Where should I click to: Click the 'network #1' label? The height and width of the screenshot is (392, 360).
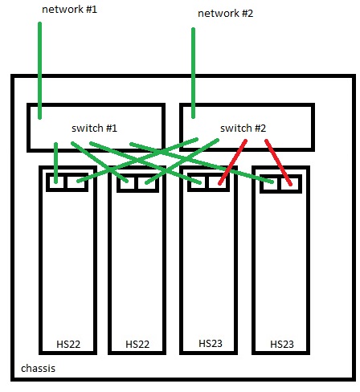tap(69, 10)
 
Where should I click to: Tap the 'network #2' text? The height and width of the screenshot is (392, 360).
tap(225, 14)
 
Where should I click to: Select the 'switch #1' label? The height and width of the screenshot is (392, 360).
tap(94, 129)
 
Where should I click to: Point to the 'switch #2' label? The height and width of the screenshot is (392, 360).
tap(243, 129)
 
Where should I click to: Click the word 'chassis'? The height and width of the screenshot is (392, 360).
tap(38, 369)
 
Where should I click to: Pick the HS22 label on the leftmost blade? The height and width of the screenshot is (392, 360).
tap(68, 344)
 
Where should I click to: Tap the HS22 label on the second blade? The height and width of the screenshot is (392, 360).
tap(137, 344)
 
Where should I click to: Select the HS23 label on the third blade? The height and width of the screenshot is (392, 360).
tap(211, 343)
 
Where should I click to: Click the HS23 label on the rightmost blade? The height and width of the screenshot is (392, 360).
tap(282, 344)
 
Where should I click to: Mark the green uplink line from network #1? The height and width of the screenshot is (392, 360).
tap(39, 71)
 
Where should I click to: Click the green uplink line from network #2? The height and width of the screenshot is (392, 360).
tap(193, 73)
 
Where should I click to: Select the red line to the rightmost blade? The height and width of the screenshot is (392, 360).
tap(278, 162)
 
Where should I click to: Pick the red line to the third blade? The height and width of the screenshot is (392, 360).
tap(232, 162)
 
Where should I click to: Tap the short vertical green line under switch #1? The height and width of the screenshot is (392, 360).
tap(55, 163)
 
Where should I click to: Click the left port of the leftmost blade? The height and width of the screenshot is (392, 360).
tap(56, 182)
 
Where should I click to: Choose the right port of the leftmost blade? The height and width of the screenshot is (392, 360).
tap(76, 182)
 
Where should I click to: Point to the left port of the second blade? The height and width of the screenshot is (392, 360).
tap(127, 183)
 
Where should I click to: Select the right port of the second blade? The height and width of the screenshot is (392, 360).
tap(147, 183)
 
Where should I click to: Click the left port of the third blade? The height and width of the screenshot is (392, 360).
tap(198, 182)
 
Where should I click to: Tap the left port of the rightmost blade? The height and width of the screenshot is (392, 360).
tap(271, 184)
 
